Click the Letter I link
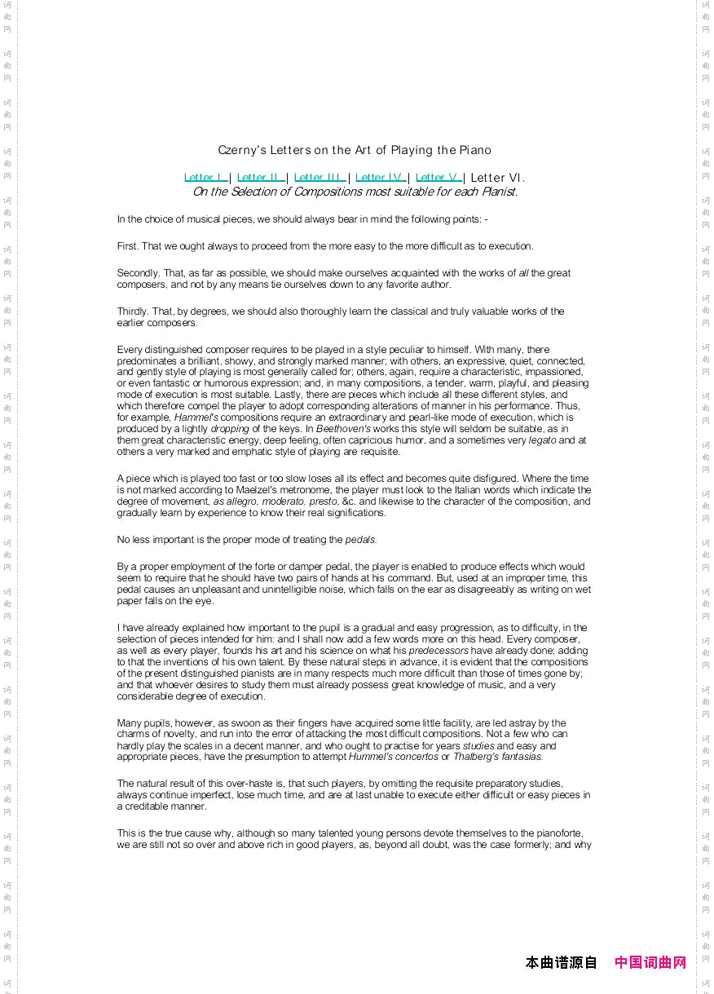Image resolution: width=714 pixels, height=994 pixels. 205,178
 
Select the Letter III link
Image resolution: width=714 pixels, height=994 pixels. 320,178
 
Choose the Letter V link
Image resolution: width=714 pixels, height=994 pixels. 439,178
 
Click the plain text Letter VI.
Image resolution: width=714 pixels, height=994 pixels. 497,178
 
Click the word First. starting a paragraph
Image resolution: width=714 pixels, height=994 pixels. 127,246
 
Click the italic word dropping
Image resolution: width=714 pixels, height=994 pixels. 230,429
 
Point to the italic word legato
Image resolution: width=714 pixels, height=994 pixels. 542,440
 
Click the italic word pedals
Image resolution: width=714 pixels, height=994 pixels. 361,540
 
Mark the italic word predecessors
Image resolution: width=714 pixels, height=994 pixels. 439,651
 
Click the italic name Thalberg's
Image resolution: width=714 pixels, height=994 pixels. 480,757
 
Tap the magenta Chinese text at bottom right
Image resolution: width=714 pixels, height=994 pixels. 650,963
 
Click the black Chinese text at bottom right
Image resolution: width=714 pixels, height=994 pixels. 562,963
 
